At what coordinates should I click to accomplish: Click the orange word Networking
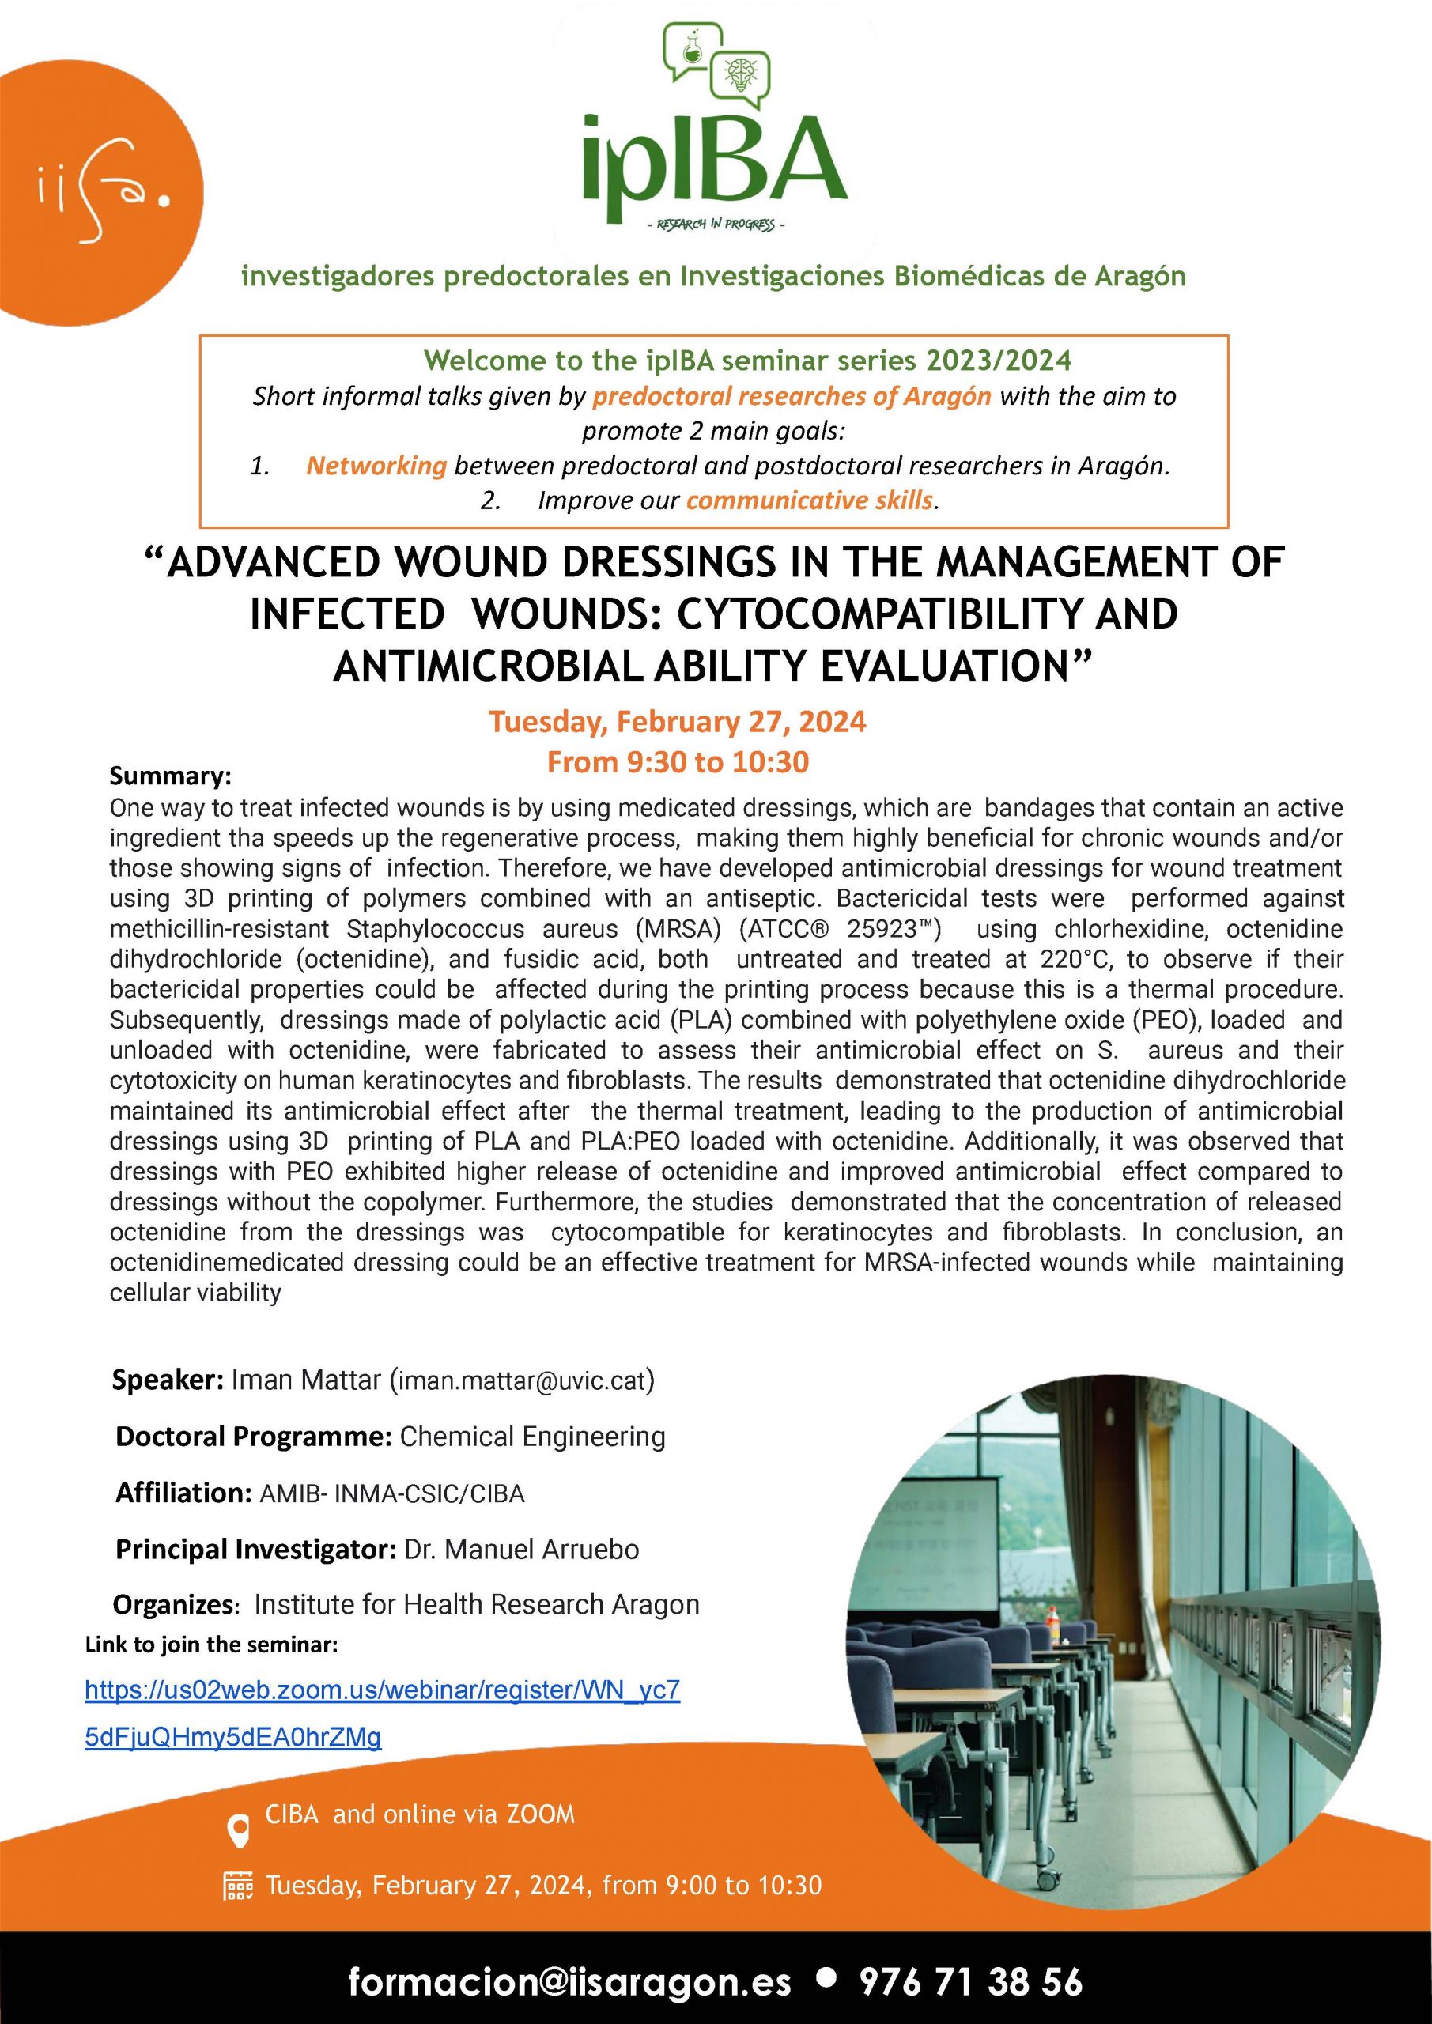[376, 466]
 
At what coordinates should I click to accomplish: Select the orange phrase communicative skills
[810, 500]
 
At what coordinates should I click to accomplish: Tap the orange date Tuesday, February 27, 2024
[677, 722]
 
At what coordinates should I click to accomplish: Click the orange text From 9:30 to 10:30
[677, 761]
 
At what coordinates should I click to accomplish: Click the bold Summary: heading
[170, 776]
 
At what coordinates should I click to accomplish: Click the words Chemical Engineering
[533, 1437]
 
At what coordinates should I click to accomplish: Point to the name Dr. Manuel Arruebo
[522, 1549]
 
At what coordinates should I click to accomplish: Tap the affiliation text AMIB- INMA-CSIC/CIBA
[392, 1493]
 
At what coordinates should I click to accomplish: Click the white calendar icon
[237, 1886]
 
